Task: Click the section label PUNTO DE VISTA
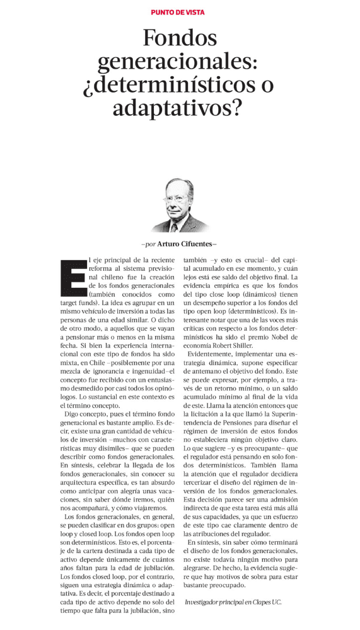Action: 178,12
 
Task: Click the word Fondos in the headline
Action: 180,39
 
